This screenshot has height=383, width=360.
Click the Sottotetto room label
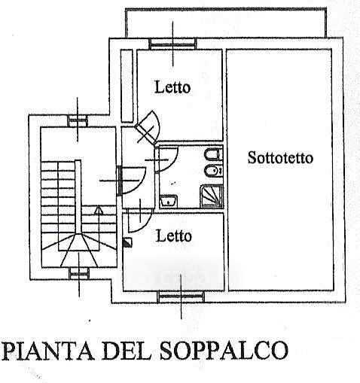(280, 158)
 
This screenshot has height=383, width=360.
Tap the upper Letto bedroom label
(172, 87)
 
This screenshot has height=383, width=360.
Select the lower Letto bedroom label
(174, 236)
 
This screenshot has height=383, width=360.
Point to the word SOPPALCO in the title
(224, 350)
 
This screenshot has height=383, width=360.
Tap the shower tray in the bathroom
(212, 196)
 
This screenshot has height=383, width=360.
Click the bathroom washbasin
(169, 201)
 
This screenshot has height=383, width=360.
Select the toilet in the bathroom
(213, 155)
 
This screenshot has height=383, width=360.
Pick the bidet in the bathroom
(213, 172)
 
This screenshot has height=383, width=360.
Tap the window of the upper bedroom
(172, 44)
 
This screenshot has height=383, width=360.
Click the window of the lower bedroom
(181, 296)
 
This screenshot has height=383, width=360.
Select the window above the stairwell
(78, 121)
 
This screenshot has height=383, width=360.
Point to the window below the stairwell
(79, 273)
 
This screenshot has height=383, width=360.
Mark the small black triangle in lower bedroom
(128, 242)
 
